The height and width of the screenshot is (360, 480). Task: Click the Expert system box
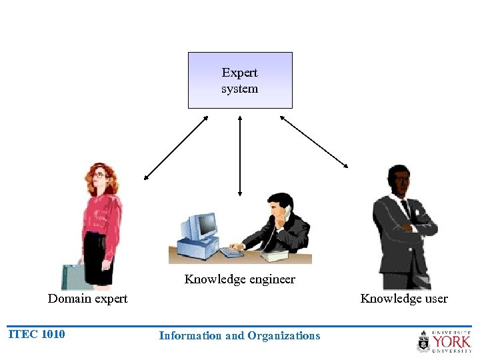[x=240, y=81]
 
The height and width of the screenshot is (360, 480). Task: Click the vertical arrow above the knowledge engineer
[x=240, y=156]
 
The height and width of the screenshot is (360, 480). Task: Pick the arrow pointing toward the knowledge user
[x=314, y=141]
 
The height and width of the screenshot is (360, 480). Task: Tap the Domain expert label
[x=87, y=299]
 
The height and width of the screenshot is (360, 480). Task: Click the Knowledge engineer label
[x=239, y=279]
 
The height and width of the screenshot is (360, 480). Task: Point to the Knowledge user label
[x=404, y=299]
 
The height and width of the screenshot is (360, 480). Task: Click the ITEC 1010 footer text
[x=37, y=335]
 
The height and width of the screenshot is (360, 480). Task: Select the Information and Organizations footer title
[x=239, y=336]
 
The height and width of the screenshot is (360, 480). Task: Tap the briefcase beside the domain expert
[x=73, y=276]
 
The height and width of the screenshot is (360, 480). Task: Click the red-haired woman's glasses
[x=99, y=175]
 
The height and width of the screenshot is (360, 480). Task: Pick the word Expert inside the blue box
[x=240, y=73]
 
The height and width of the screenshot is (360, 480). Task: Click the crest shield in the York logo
[x=423, y=343]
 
